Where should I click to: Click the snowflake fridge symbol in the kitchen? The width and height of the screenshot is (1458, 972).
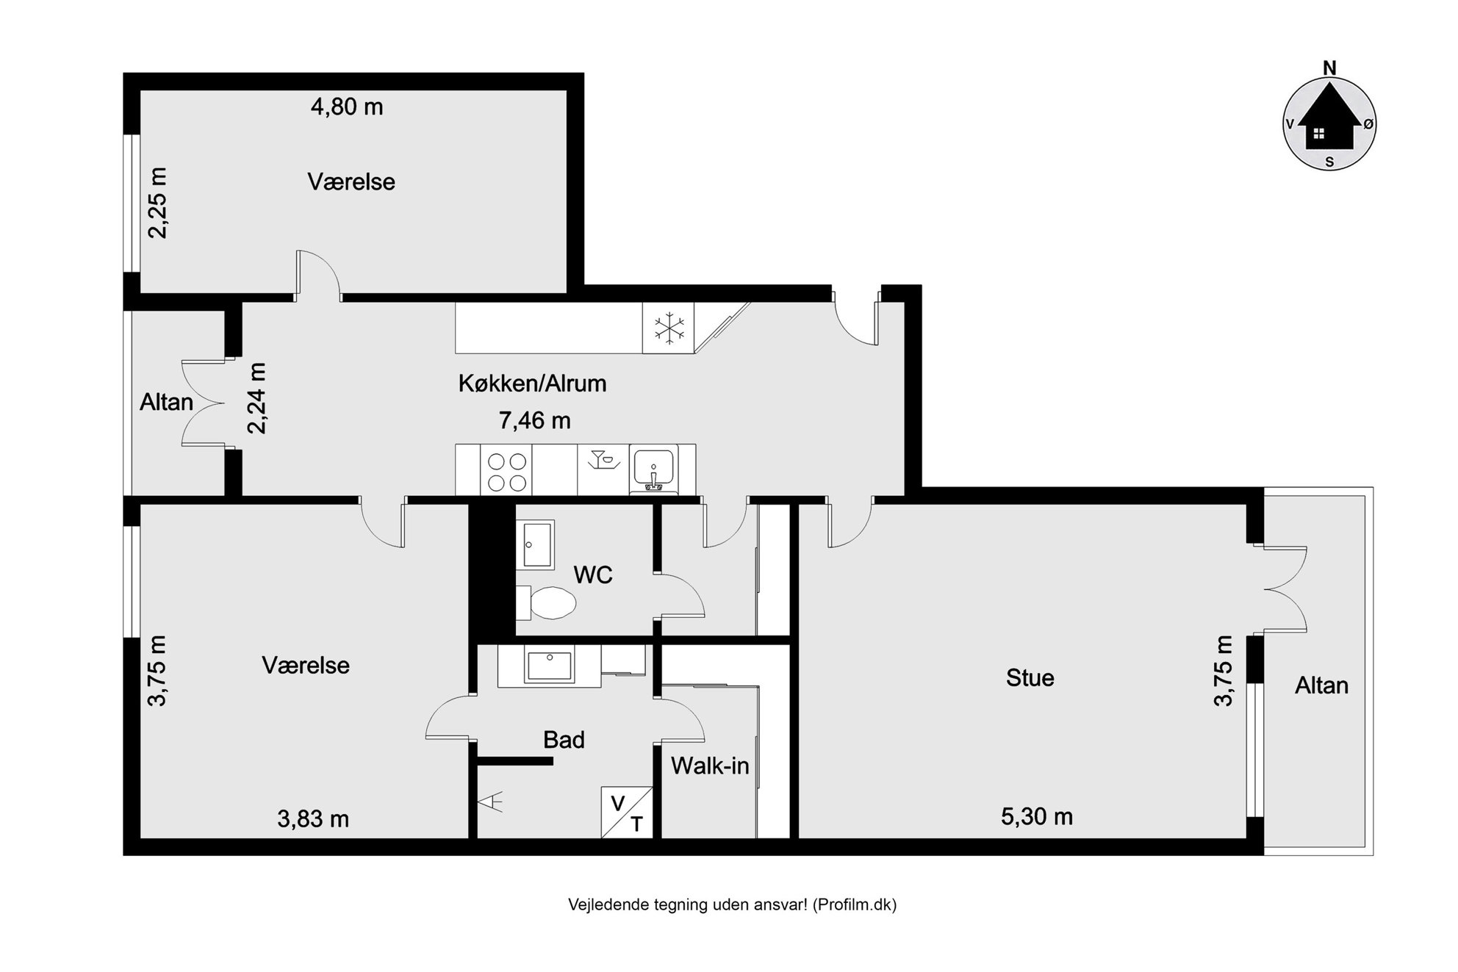[669, 328]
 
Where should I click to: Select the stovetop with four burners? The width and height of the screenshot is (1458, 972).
[506, 471]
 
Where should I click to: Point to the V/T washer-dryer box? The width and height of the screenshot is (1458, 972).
[627, 812]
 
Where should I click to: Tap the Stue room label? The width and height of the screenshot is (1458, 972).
[1030, 677]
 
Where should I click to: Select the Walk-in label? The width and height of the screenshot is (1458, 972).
[710, 766]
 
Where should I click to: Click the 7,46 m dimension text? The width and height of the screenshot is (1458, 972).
[534, 420]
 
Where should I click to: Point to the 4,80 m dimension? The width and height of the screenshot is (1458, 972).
[347, 107]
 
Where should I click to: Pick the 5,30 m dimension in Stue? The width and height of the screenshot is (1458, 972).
[1037, 816]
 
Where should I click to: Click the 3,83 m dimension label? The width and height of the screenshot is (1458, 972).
[313, 818]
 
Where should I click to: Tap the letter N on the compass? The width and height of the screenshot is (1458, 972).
[1329, 68]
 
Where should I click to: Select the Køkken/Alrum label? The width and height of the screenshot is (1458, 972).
[532, 383]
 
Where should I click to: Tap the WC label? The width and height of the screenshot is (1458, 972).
[593, 575]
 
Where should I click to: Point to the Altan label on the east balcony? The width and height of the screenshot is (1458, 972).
[1321, 685]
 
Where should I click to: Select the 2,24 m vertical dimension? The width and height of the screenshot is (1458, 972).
[257, 397]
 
